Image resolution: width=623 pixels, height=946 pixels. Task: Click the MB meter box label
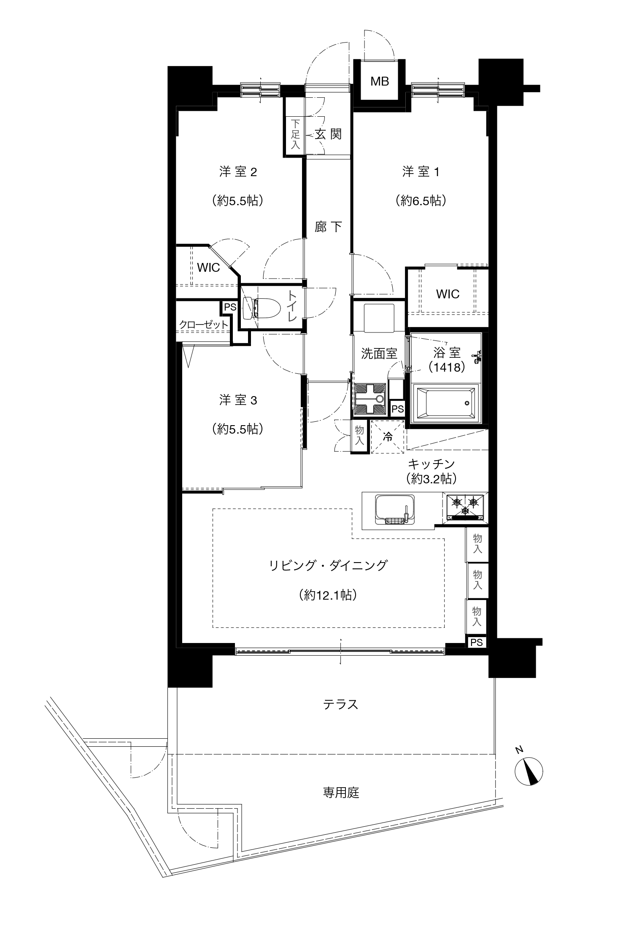pyautogui.click(x=380, y=81)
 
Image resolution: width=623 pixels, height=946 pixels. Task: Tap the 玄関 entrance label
pyautogui.click(x=328, y=134)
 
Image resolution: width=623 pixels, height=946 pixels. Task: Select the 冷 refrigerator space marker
pyautogui.click(x=387, y=437)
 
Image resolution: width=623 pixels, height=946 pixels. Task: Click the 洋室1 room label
pyautogui.click(x=421, y=172)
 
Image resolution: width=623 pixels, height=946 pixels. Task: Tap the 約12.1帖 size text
pyautogui.click(x=328, y=595)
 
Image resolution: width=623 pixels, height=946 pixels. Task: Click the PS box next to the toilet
pyautogui.click(x=230, y=307)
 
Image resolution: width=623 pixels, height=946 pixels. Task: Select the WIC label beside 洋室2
pyautogui.click(x=208, y=268)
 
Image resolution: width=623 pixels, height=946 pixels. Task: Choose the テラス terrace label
pyautogui.click(x=341, y=704)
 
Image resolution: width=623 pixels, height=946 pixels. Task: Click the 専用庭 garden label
pyautogui.click(x=341, y=793)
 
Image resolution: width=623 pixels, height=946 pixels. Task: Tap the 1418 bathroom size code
pyautogui.click(x=447, y=367)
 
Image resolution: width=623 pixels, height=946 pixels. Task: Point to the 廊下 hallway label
pyautogui.click(x=328, y=227)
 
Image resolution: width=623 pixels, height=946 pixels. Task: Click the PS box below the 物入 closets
pyautogui.click(x=477, y=643)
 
